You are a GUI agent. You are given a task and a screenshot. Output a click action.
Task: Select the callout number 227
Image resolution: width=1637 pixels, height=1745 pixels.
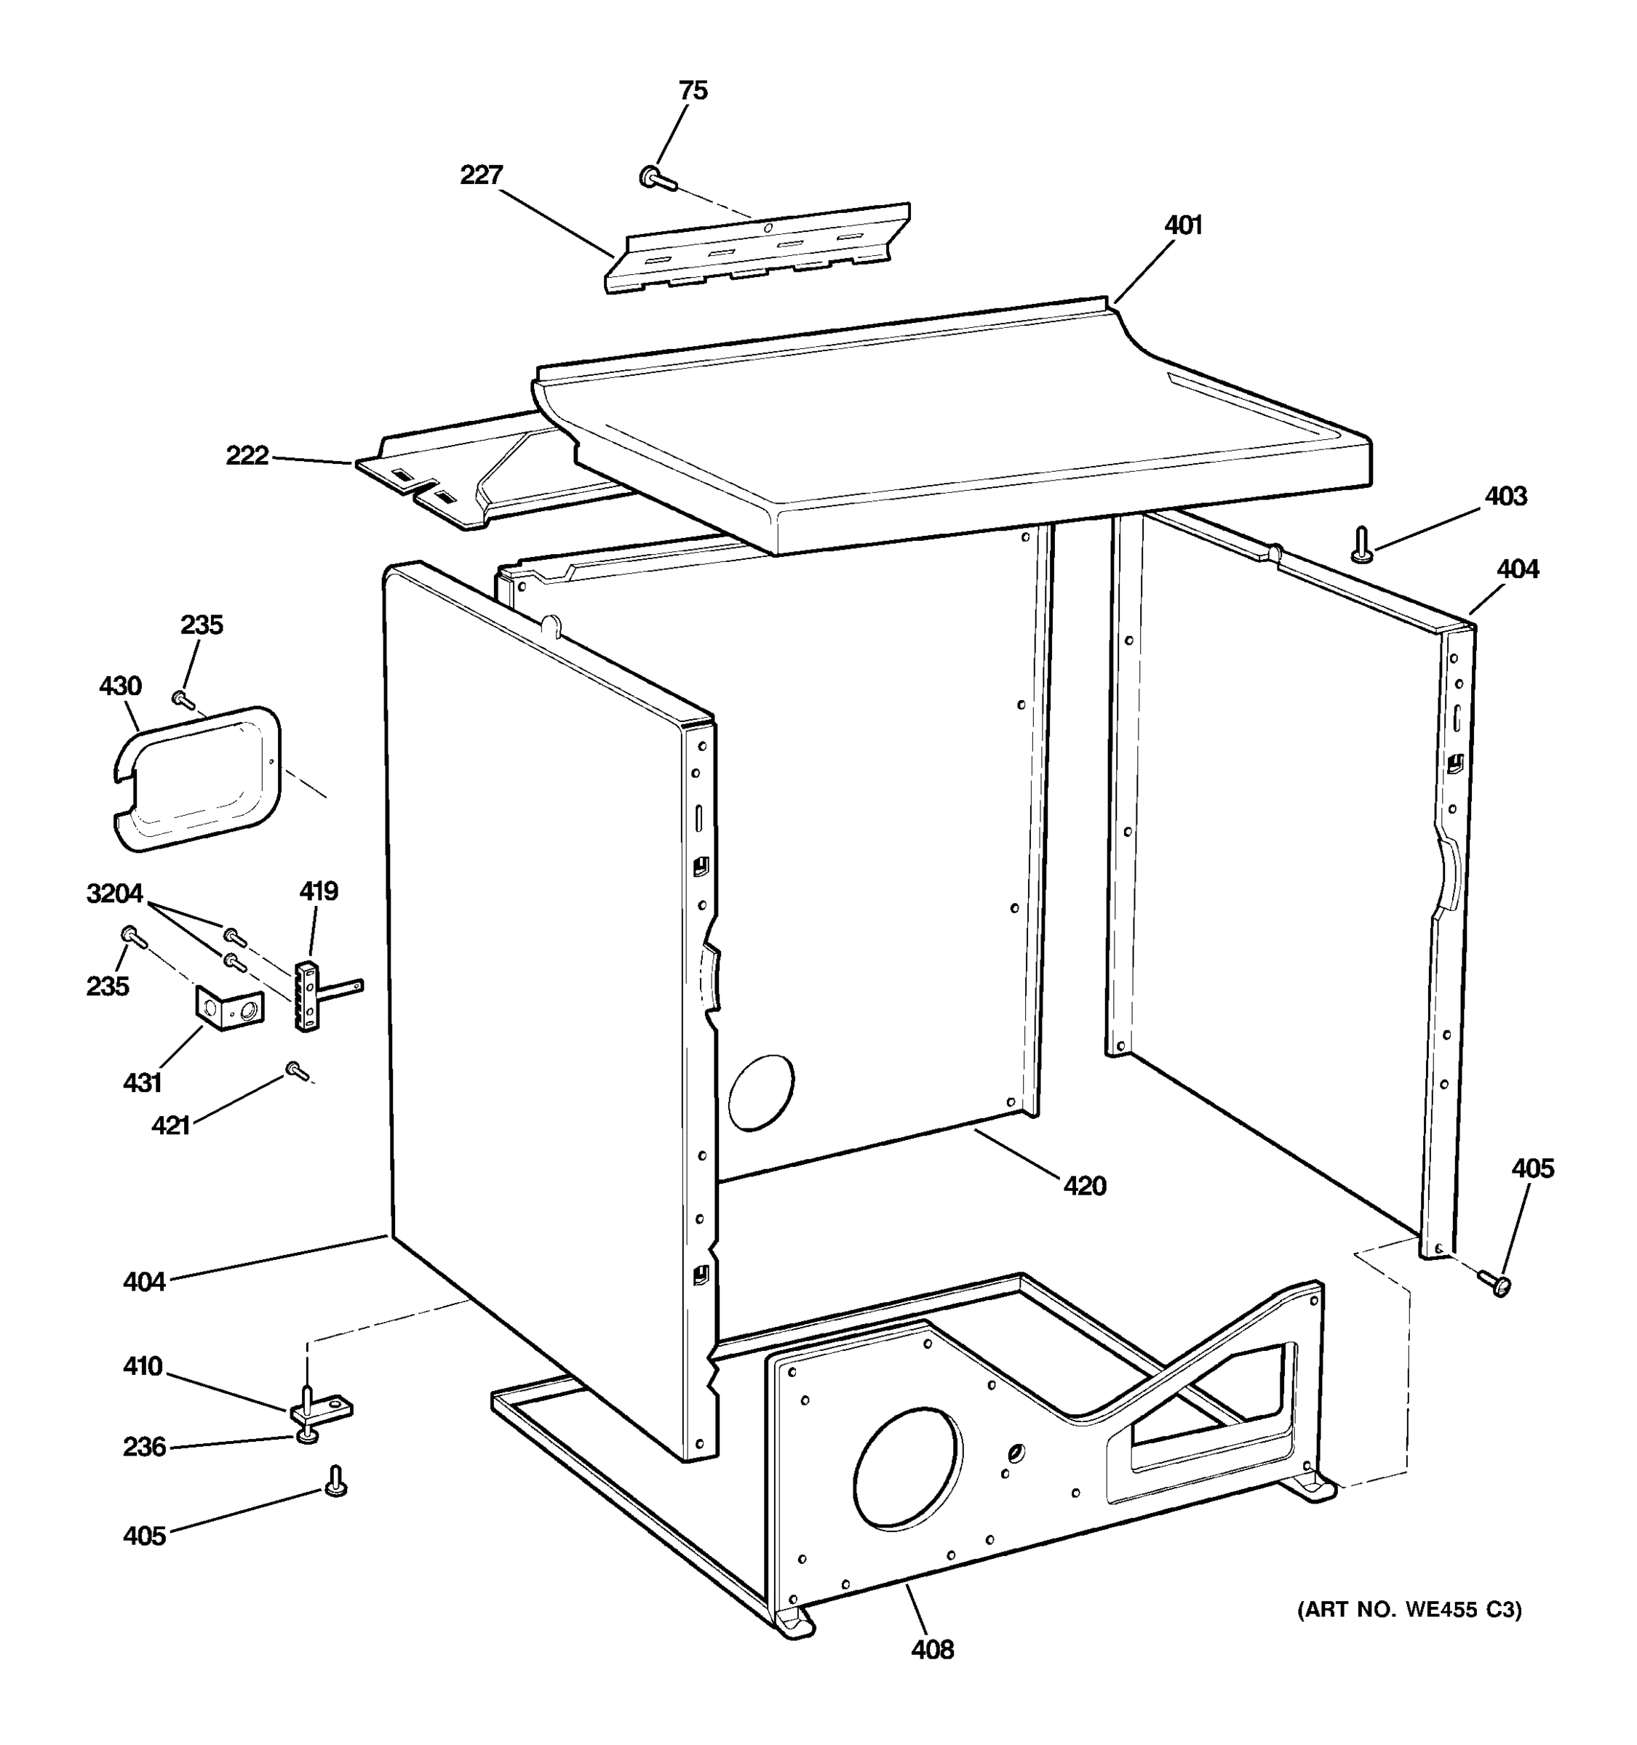coord(481,175)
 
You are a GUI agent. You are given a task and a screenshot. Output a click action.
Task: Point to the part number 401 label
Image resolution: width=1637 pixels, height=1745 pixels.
coord(1183,226)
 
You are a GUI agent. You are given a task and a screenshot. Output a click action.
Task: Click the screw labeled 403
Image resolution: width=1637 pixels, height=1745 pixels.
coord(1361,544)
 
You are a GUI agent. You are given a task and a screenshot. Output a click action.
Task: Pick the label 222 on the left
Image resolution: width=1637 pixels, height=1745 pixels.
coord(247,457)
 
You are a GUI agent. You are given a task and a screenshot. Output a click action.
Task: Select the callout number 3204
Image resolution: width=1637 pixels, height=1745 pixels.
coord(114,894)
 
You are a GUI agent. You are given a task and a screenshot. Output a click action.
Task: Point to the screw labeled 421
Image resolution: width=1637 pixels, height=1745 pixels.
coord(296,1071)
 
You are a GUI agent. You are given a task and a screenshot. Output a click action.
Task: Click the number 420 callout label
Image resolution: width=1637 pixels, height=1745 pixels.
coord(1085,1187)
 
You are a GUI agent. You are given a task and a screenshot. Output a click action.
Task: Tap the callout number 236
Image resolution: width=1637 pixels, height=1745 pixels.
coord(144,1447)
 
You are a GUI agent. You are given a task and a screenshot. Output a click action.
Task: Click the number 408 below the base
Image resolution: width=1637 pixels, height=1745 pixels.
coord(932,1650)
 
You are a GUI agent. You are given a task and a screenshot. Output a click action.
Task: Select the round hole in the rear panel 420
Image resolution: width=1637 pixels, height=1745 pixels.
coord(760,1092)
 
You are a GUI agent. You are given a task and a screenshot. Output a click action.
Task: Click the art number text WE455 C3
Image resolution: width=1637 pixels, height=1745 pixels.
coord(1409,1610)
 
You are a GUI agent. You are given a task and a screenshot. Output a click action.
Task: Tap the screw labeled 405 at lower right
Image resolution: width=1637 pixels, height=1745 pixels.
coord(1494,1284)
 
